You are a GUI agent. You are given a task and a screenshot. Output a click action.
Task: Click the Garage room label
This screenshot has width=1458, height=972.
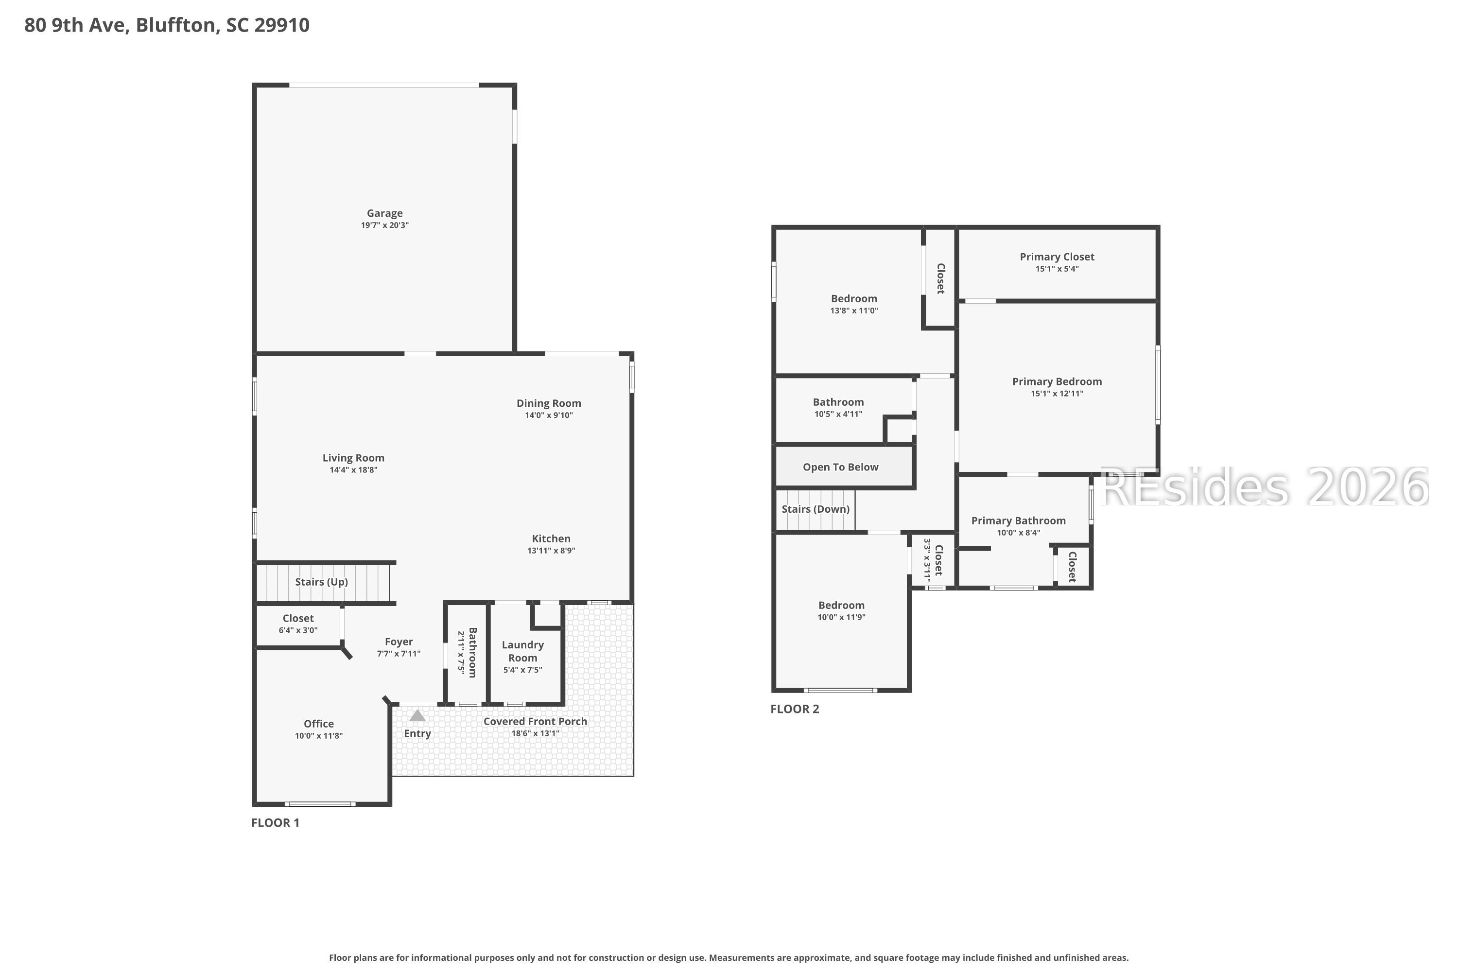[384, 213]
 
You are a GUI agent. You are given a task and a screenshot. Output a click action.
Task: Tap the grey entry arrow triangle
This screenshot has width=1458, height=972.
[417, 716]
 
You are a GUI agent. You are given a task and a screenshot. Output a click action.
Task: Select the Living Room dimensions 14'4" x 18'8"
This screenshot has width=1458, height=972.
[353, 470]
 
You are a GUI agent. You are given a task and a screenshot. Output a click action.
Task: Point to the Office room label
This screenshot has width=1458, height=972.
[319, 724]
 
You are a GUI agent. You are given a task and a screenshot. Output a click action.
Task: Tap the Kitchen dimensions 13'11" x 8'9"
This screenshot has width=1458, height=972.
[551, 551]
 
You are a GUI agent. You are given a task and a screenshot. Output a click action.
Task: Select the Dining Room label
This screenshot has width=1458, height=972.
[549, 403]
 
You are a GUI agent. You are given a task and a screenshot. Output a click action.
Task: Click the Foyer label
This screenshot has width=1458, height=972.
[399, 642]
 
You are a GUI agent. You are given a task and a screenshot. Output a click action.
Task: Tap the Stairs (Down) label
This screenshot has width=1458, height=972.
[815, 509]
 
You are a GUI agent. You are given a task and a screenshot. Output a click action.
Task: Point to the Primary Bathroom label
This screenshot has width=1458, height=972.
[1018, 521]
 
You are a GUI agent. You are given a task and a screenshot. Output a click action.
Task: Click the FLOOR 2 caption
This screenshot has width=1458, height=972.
[794, 709]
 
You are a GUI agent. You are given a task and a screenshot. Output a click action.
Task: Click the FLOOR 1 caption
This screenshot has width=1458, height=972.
[275, 823]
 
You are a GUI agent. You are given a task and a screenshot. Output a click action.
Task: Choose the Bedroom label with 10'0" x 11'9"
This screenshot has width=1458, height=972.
[841, 605]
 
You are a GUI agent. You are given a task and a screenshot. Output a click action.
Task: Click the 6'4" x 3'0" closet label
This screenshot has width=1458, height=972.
[298, 630]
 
